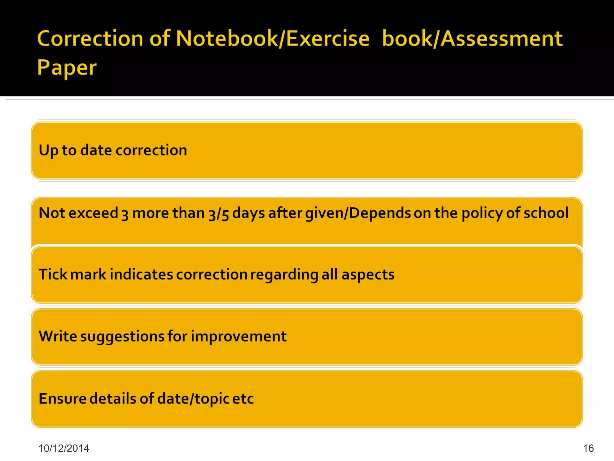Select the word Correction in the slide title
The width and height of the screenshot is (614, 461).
pyautogui.click(x=90, y=39)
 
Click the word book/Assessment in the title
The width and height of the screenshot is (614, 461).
pyautogui.click(x=472, y=39)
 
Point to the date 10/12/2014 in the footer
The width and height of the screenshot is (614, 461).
pyautogui.click(x=64, y=448)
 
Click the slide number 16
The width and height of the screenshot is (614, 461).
pyautogui.click(x=588, y=448)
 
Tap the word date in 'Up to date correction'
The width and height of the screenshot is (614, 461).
pyautogui.click(x=96, y=150)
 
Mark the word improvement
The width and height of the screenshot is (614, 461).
pyautogui.click(x=239, y=336)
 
